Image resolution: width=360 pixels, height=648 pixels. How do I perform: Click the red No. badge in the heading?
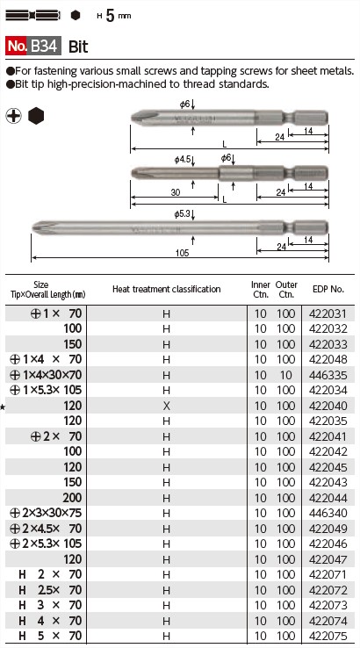click(17, 46)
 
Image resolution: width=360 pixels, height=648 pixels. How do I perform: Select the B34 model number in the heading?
click(45, 46)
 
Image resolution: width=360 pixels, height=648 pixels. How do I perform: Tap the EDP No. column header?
click(328, 289)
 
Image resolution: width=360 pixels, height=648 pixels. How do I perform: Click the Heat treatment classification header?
click(166, 289)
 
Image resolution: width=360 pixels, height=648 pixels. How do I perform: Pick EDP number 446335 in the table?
click(328, 375)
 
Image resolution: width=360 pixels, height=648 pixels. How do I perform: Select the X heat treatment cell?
click(166, 406)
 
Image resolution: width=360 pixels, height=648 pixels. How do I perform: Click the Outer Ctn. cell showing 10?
click(286, 375)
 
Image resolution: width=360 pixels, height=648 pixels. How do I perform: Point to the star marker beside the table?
click(3, 407)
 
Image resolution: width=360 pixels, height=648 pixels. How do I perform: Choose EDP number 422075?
click(328, 637)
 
